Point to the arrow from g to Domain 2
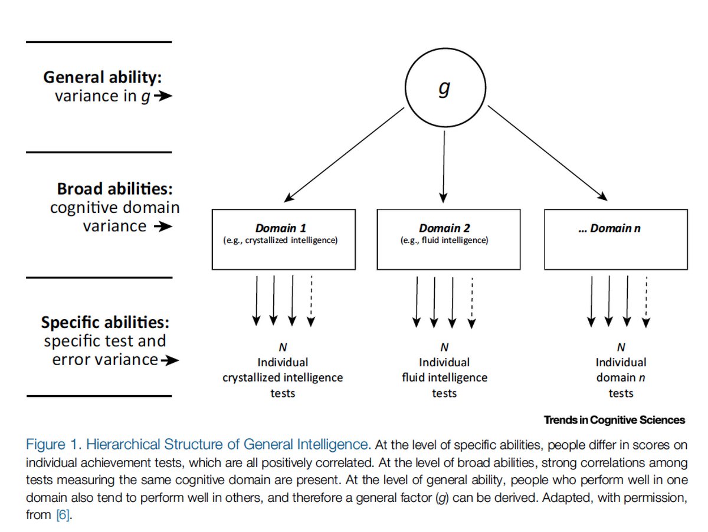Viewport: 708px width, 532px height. [444, 165]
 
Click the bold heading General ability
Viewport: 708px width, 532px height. [102, 78]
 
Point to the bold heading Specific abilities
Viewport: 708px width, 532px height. [105, 323]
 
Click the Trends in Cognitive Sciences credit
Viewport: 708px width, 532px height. [614, 420]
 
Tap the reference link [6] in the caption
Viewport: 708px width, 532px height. [63, 515]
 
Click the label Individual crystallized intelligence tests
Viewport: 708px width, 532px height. [283, 377]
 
